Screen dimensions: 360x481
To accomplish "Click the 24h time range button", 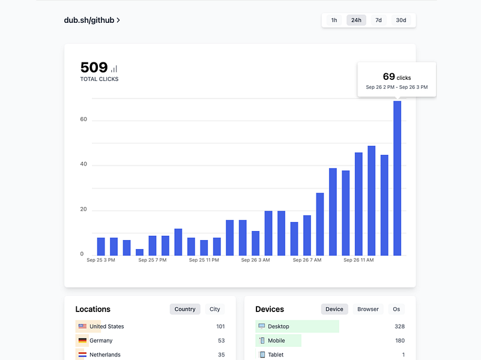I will pyautogui.click(x=356, y=20).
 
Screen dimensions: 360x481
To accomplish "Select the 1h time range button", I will pyautogui.click(x=334, y=20).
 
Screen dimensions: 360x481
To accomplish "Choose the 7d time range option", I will pyautogui.click(x=378, y=20).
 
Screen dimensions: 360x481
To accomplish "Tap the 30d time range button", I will pyautogui.click(x=401, y=20).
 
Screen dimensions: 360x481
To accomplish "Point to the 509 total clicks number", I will pyautogui.click(x=94, y=68).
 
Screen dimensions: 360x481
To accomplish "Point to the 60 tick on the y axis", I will pyautogui.click(x=83, y=119).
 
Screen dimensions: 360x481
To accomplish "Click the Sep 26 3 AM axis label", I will pyautogui.click(x=256, y=260).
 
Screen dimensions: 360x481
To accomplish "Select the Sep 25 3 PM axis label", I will pyautogui.click(x=101, y=260).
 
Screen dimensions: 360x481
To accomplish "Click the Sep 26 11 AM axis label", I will pyautogui.click(x=358, y=260).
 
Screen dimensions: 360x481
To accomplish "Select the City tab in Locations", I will pyautogui.click(x=214, y=309).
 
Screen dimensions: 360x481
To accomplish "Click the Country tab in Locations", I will pyautogui.click(x=185, y=309).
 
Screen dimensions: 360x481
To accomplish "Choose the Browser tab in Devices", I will pyautogui.click(x=368, y=309).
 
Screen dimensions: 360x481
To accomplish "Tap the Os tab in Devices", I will pyautogui.click(x=396, y=309).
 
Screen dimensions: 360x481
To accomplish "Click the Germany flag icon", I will pyautogui.click(x=82, y=340).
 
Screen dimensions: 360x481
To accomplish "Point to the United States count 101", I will pyautogui.click(x=220, y=326).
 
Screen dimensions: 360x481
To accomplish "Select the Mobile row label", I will pyautogui.click(x=276, y=340).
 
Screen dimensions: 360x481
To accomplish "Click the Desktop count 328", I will pyautogui.click(x=399, y=326).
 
